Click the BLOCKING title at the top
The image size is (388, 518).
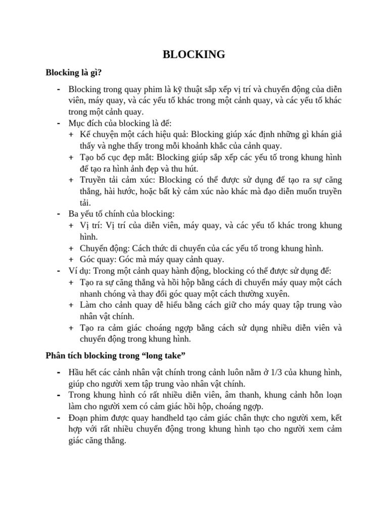[x=194, y=55]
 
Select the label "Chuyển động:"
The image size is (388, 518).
[x=105, y=248]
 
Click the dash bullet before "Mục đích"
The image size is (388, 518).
[x=59, y=123]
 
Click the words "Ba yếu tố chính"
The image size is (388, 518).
[x=94, y=214]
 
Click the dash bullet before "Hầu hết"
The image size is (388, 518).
[x=59, y=372]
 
